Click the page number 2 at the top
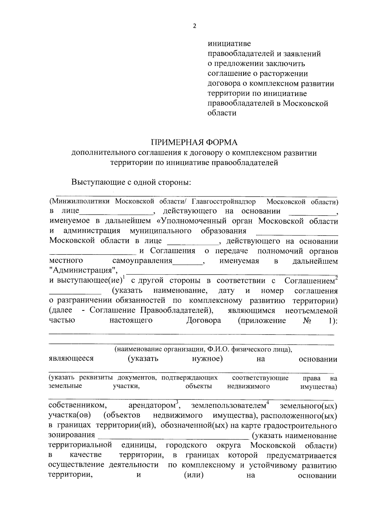click(195, 26)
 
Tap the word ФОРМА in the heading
click(222, 143)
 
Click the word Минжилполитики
click(80, 202)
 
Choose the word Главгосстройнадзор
click(224, 202)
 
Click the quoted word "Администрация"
click(83, 271)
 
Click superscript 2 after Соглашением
click(336, 277)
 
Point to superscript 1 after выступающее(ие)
click(123, 277)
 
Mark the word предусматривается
click(302, 456)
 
